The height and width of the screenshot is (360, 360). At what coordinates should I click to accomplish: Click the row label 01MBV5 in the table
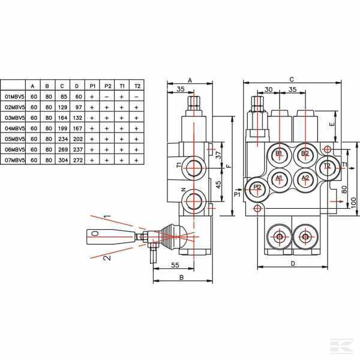[x=13, y=96]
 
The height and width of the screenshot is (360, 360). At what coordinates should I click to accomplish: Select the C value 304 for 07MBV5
[x=63, y=160]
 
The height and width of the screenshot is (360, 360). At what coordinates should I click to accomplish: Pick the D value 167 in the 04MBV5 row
[x=78, y=128]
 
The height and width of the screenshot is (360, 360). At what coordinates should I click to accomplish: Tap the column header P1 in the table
[x=93, y=85]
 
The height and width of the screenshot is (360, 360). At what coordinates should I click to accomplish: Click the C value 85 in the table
[x=63, y=96]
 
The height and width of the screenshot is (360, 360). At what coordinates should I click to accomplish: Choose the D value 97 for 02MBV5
[x=78, y=107]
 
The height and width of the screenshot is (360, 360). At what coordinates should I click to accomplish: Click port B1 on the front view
[x=279, y=154]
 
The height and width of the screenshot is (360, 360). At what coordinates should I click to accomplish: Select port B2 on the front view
[x=305, y=154]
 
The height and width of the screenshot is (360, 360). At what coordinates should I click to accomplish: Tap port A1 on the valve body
[x=279, y=178]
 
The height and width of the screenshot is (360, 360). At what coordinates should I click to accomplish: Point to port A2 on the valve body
[x=305, y=178]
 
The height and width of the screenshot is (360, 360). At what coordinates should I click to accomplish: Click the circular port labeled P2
[x=257, y=187]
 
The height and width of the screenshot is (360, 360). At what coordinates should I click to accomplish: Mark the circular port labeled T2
[x=326, y=166]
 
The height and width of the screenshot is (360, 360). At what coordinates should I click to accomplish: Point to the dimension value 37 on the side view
[x=219, y=155]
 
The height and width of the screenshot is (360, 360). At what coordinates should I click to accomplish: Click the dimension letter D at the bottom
[x=292, y=279]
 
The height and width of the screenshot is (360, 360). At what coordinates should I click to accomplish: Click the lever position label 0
[x=95, y=233]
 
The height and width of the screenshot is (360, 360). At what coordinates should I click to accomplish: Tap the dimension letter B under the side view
[x=181, y=278]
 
